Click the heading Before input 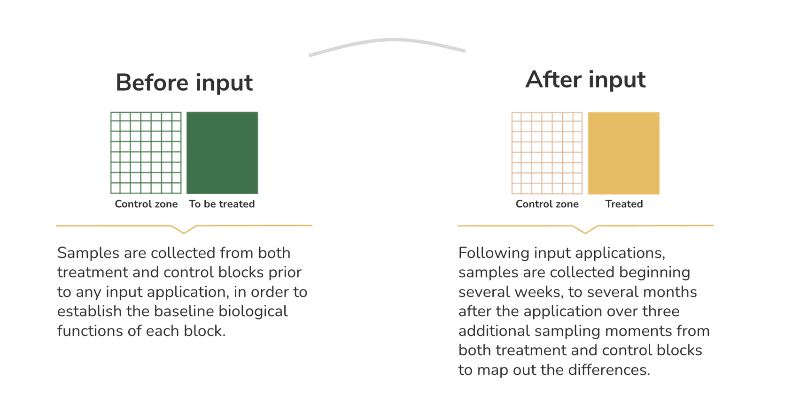[x=184, y=83]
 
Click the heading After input [x=585, y=79]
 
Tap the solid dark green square [x=222, y=153]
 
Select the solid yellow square [x=623, y=153]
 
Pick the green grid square [x=146, y=153]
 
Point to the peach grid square [x=547, y=153]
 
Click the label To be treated [x=222, y=204]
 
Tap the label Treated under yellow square [x=624, y=204]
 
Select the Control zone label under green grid [x=146, y=204]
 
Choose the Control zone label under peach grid [x=547, y=204]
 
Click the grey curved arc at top [x=387, y=40]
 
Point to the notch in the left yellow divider [x=184, y=233]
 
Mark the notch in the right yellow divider [x=585, y=233]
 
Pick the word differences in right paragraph [x=609, y=370]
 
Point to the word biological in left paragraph [x=253, y=312]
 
